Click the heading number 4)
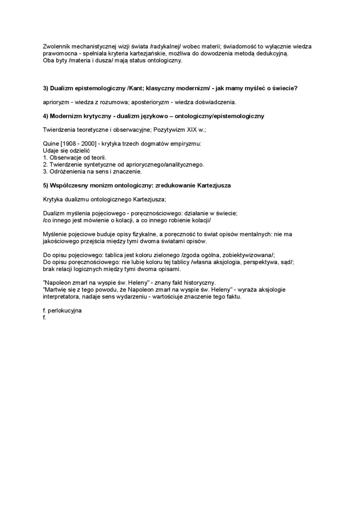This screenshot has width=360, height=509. coord(46,116)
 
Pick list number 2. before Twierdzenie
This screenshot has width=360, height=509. coord(45,164)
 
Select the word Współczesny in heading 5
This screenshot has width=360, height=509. coord(70,186)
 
